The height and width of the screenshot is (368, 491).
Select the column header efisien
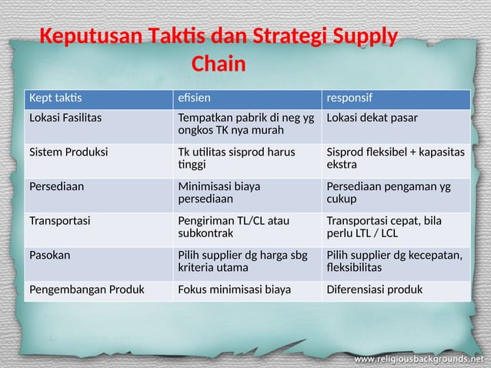(x=192, y=99)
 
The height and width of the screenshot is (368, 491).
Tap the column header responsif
(x=350, y=99)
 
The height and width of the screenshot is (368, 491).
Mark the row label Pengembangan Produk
(x=82, y=290)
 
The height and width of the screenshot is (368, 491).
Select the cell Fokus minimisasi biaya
(x=234, y=290)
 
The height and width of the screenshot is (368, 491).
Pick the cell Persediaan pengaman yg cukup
(x=389, y=192)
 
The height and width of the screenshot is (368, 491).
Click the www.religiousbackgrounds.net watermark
(x=419, y=359)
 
